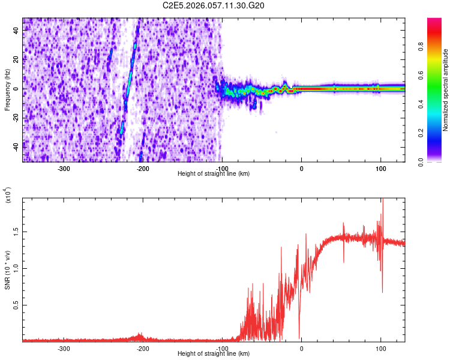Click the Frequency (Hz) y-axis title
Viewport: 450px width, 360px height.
pyautogui.click(x=7, y=90)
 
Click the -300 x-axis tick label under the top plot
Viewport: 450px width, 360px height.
pyautogui.click(x=64, y=167)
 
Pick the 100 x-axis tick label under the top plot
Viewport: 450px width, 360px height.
pyautogui.click(x=380, y=167)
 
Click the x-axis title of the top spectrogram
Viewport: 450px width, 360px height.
pyautogui.click(x=214, y=173)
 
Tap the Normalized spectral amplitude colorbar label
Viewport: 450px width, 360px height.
pyautogui.click(x=446, y=90)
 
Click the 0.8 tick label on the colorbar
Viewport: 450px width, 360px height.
pyautogui.click(x=422, y=60)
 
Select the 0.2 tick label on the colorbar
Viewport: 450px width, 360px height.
pyautogui.click(x=422, y=133)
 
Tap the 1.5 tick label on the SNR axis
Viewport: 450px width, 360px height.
pyautogui.click(x=16, y=231)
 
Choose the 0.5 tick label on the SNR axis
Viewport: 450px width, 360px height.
pyautogui.click(x=16, y=305)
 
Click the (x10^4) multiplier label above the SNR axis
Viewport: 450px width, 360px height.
pyautogui.click(x=8, y=195)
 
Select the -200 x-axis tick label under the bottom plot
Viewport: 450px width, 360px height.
pyautogui.click(x=143, y=347)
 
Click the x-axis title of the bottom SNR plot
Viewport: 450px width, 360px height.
pyautogui.click(x=214, y=354)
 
